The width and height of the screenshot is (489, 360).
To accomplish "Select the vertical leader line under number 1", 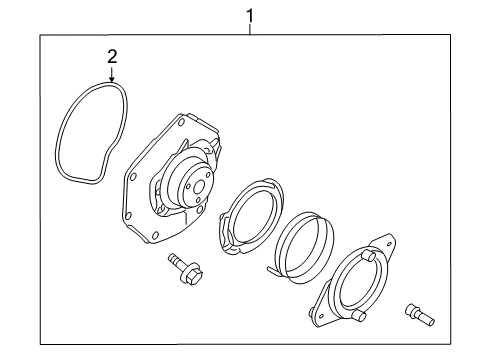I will (250, 29).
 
